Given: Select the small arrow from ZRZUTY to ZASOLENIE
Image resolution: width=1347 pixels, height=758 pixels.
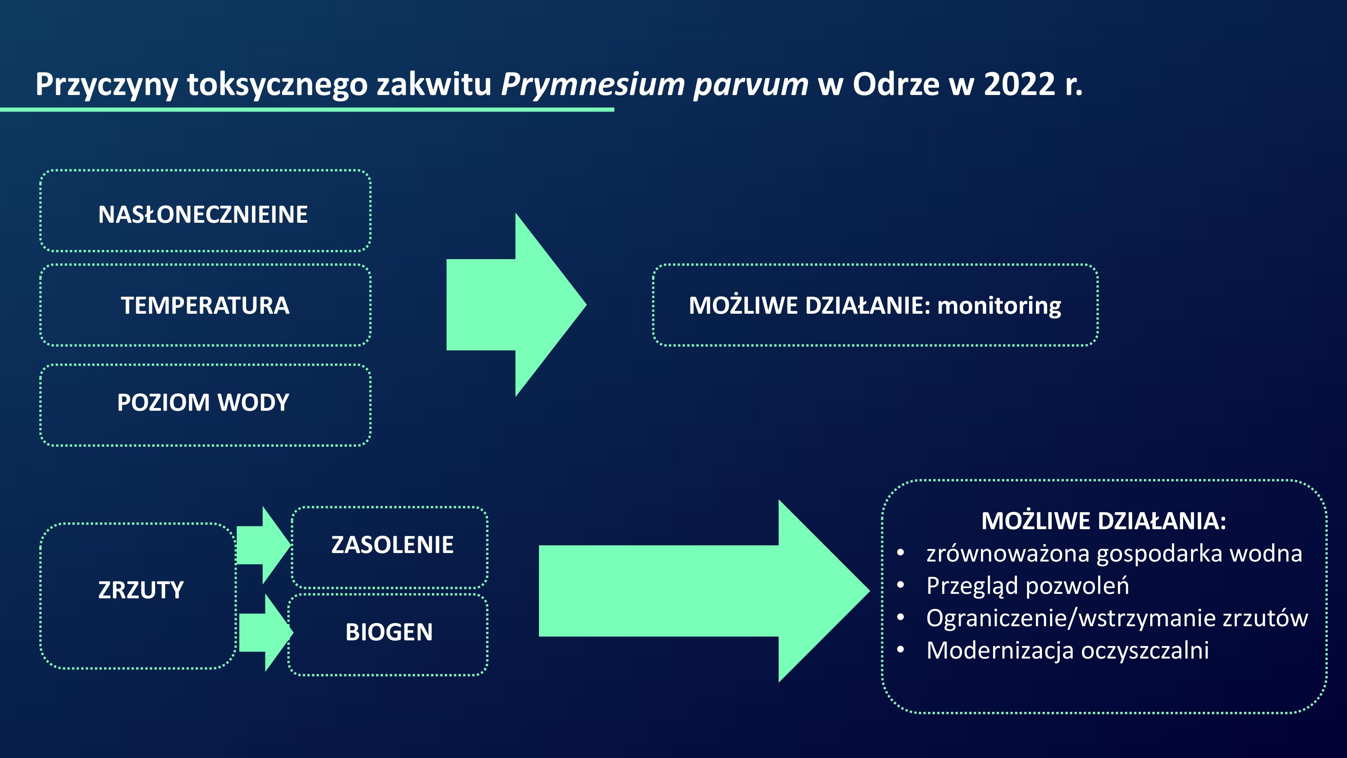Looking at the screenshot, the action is coord(263,545).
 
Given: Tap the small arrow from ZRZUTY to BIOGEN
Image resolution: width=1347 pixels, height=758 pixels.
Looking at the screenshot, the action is coord(266,632).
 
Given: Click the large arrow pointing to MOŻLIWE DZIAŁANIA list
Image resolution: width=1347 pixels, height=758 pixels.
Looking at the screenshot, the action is coord(704,591).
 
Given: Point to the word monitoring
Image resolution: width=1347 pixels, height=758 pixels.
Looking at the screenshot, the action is coord(999,306).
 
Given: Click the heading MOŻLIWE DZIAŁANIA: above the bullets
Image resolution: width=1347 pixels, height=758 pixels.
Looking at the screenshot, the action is coord(1104,521).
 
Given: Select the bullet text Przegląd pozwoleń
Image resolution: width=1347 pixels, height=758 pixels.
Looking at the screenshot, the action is coord(1027,586).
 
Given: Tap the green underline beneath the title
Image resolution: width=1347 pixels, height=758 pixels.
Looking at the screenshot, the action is coord(307,109).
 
